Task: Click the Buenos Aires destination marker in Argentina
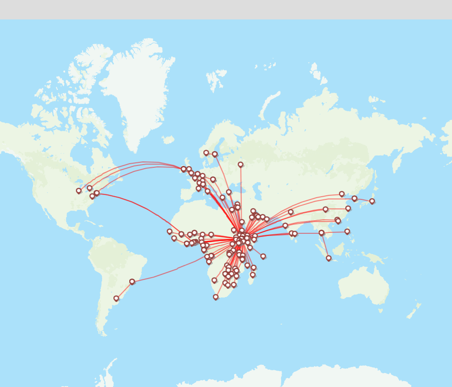(x=116, y=298)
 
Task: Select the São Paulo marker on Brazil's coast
(x=132, y=281)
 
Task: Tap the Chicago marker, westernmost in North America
(x=79, y=190)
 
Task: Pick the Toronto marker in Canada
(x=89, y=188)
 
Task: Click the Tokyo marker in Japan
(x=372, y=201)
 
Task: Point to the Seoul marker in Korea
(x=354, y=198)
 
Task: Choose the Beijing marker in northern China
(x=342, y=193)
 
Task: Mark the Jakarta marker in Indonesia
(x=329, y=258)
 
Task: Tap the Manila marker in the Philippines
(x=347, y=231)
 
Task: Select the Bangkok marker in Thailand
(x=321, y=232)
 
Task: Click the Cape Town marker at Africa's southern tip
(x=216, y=297)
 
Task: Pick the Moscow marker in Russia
(x=240, y=164)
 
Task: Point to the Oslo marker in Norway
(x=206, y=152)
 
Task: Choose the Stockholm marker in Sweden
(x=215, y=154)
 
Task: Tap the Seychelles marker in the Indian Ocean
(x=263, y=256)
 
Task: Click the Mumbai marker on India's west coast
(x=285, y=225)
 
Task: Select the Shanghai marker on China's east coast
(x=348, y=208)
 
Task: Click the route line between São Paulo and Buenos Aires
(x=124, y=290)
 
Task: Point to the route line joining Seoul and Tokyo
(x=363, y=199)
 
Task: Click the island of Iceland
(x=168, y=140)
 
